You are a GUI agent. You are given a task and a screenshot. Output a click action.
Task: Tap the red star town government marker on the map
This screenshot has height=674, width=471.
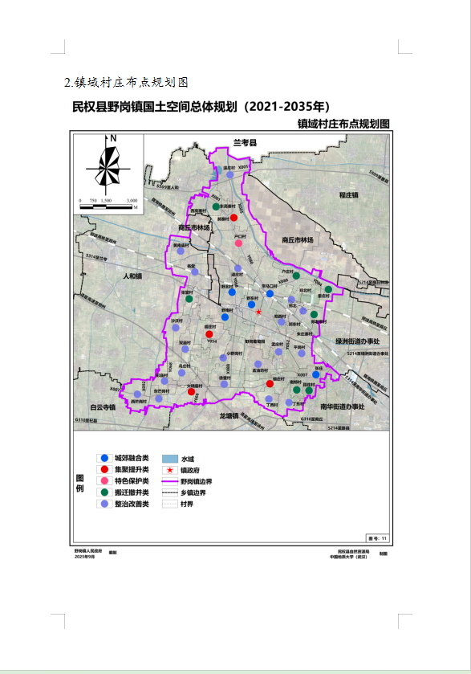258,312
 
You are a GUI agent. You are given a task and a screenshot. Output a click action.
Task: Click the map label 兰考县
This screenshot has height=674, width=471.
243,142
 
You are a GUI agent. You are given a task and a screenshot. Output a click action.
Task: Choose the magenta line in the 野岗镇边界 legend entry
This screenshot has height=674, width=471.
169,480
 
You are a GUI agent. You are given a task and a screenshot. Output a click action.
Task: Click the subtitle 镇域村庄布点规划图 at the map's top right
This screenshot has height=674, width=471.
343,125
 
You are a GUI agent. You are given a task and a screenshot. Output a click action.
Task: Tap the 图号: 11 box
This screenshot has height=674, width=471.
376,537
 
